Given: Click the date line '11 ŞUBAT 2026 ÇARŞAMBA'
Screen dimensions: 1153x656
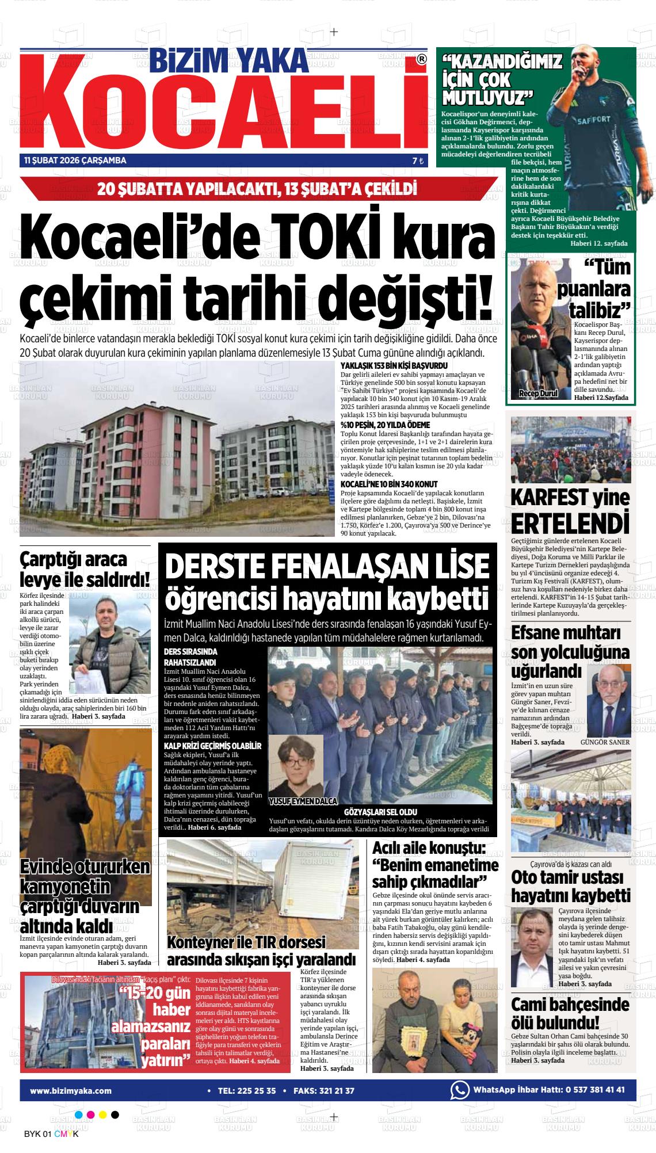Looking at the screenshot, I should pyautogui.click(x=75, y=161).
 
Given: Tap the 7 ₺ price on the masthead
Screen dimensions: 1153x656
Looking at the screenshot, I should pyautogui.click(x=418, y=161).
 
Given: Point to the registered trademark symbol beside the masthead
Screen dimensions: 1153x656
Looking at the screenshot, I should pyautogui.click(x=421, y=59).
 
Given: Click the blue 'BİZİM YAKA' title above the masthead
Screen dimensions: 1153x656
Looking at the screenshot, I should pyautogui.click(x=229, y=59).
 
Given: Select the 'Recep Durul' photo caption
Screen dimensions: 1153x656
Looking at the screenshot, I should pyautogui.click(x=538, y=394).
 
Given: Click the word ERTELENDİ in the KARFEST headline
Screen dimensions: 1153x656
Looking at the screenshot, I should pyautogui.click(x=569, y=524).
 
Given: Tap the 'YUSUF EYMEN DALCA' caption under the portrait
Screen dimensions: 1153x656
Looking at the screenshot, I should pyautogui.click(x=303, y=801).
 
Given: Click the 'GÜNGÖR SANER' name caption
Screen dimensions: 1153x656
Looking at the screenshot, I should pyautogui.click(x=605, y=742).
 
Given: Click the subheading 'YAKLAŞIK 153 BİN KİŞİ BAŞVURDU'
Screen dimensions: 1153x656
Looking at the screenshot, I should pyautogui.click(x=394, y=366).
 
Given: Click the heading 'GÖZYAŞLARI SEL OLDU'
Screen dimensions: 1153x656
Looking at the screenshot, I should pyautogui.click(x=380, y=812).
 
